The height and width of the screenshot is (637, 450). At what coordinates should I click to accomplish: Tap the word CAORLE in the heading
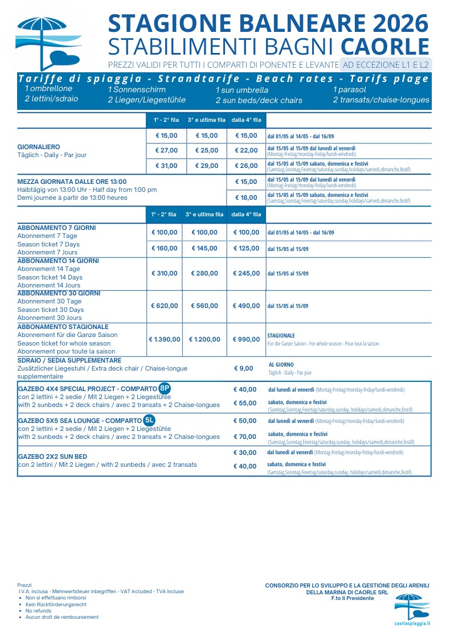385,47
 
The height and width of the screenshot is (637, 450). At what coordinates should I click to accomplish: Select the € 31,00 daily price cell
166,166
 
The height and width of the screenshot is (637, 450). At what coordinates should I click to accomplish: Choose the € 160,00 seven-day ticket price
164,248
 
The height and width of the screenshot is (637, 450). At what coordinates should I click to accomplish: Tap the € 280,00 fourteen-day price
204,273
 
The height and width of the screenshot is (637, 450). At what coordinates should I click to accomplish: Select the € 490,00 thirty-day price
246,306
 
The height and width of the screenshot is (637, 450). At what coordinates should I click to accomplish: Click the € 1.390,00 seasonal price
165,339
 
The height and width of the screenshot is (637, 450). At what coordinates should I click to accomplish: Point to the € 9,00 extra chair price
244,368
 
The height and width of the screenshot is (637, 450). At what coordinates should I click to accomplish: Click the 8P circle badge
165,389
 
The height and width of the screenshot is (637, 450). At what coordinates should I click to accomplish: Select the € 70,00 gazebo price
245,437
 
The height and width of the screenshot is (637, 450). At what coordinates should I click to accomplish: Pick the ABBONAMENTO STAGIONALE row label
63,327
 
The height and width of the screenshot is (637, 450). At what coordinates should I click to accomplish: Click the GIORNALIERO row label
39,147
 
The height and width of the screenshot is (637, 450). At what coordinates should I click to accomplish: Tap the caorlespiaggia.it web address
412,623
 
